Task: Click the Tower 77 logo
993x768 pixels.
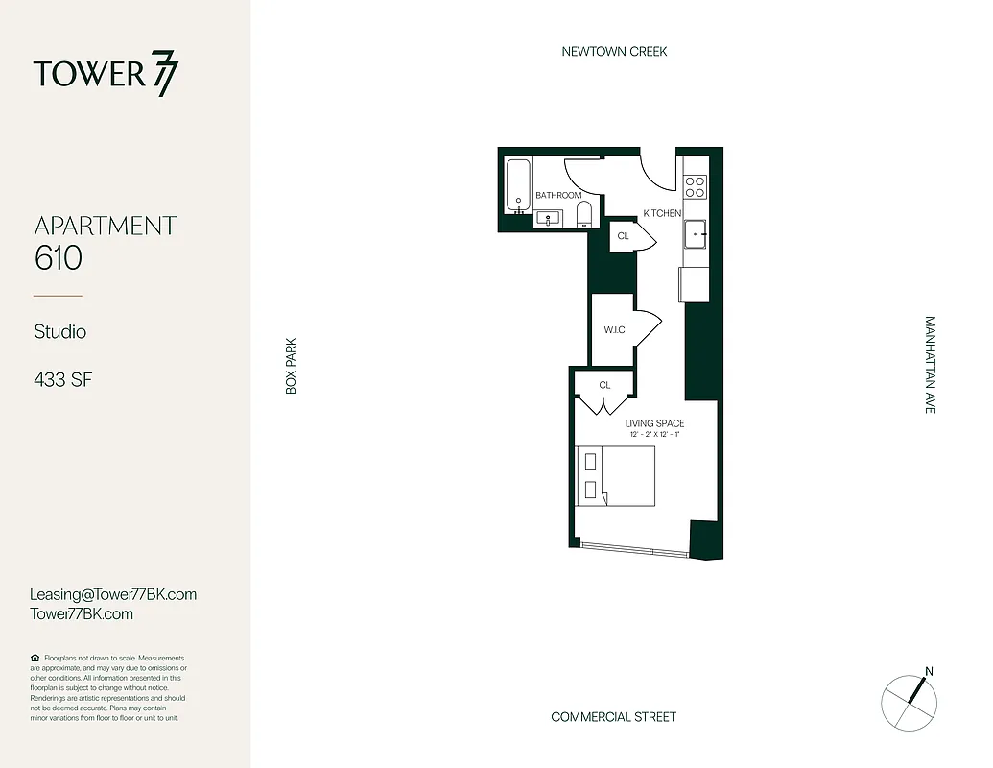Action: point(106,75)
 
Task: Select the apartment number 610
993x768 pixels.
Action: point(59,258)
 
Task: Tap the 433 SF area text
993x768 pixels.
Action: point(62,379)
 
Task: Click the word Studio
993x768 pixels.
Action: point(59,332)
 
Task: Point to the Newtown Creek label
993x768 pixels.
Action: point(614,52)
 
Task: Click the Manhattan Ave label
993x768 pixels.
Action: point(929,365)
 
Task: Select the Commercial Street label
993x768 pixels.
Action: point(613,717)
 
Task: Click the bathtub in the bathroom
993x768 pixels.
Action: point(518,186)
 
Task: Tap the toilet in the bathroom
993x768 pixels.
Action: point(584,214)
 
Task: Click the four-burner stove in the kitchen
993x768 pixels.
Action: point(695,186)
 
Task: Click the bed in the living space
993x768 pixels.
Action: point(616,476)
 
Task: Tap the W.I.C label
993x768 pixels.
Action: point(614,330)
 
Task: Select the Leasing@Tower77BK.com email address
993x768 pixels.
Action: point(113,594)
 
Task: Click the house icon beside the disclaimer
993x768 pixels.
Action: point(35,658)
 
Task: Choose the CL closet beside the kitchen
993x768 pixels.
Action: point(623,236)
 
